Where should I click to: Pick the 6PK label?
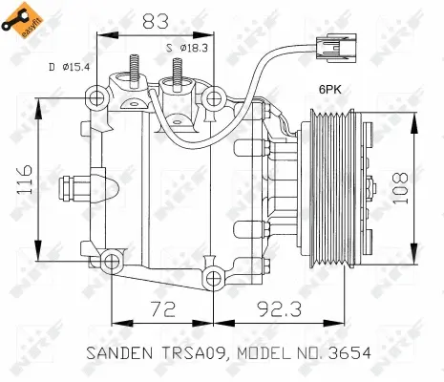(x=330, y=90)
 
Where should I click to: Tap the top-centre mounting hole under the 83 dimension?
(x=213, y=98)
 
